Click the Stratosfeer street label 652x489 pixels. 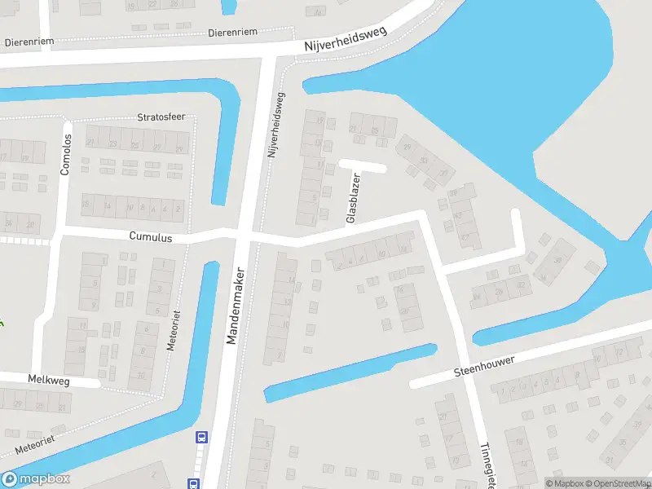[162, 117]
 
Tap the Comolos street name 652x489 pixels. [66, 155]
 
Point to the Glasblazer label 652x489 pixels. [353, 198]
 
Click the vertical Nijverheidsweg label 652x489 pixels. [276, 124]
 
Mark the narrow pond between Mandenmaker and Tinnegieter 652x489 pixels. [350, 372]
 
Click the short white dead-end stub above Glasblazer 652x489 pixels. [363, 165]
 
